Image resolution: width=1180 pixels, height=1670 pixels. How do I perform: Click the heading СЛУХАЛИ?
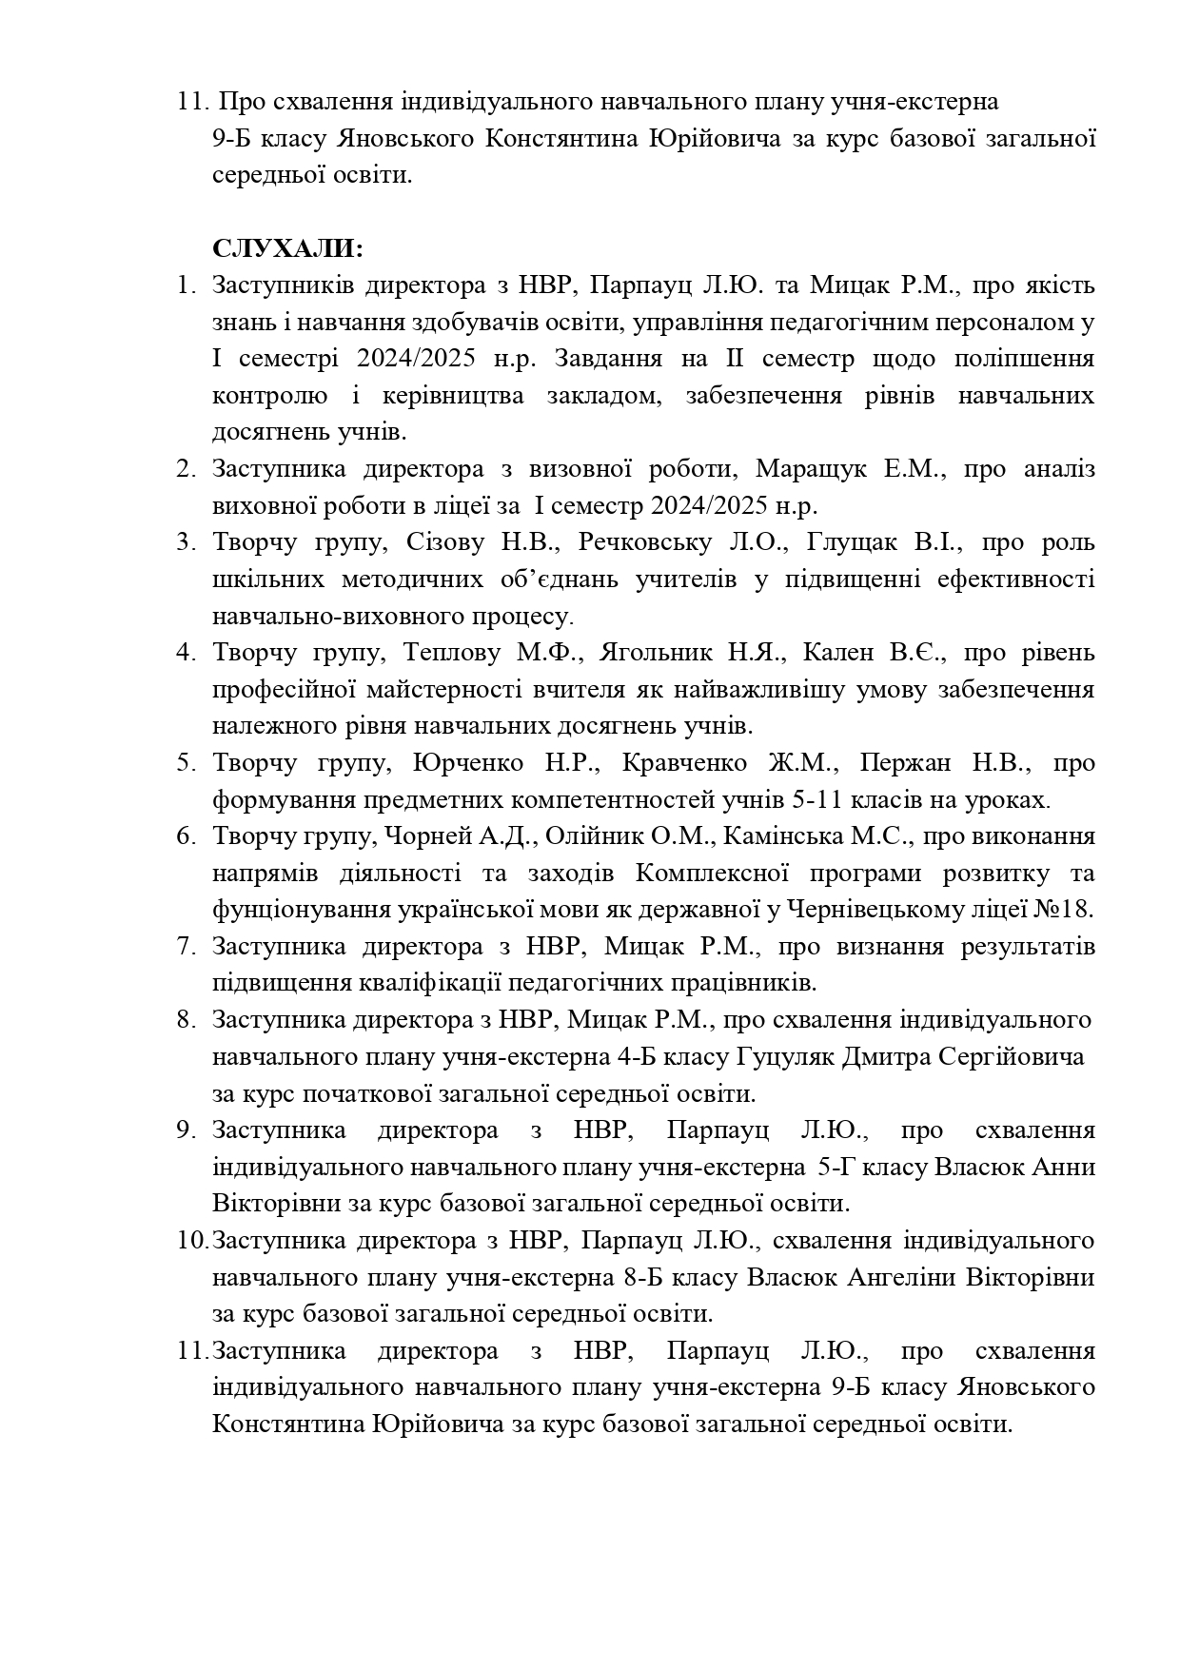(287, 249)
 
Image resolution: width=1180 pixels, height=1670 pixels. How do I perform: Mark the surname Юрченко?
(468, 763)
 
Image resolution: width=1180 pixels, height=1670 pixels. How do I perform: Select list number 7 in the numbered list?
(185, 947)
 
